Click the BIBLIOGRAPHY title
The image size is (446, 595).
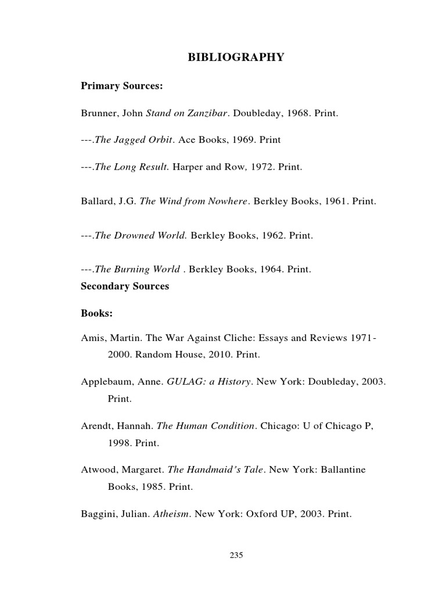click(236, 57)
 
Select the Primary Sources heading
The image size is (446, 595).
click(121, 87)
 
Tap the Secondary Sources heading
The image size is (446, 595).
click(125, 286)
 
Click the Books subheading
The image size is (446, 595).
click(96, 313)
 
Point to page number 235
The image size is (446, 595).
click(236, 555)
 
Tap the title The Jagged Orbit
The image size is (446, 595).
click(134, 140)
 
